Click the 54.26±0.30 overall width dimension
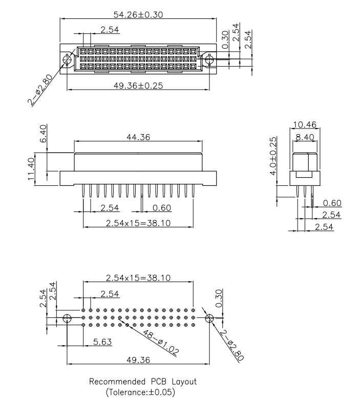pyautogui.click(x=138, y=14)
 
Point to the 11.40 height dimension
pyautogui.click(x=32, y=169)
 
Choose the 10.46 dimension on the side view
pyautogui.click(x=305, y=124)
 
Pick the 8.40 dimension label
pyautogui.click(x=305, y=136)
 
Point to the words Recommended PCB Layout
pyautogui.click(x=143, y=381)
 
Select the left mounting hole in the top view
pyautogui.click(x=67, y=60)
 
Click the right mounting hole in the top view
pyautogui.click(x=209, y=60)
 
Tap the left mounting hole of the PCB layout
pyautogui.click(x=67, y=318)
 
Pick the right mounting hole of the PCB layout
pyautogui.click(x=208, y=318)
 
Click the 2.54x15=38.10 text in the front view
pyautogui.click(x=138, y=223)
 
